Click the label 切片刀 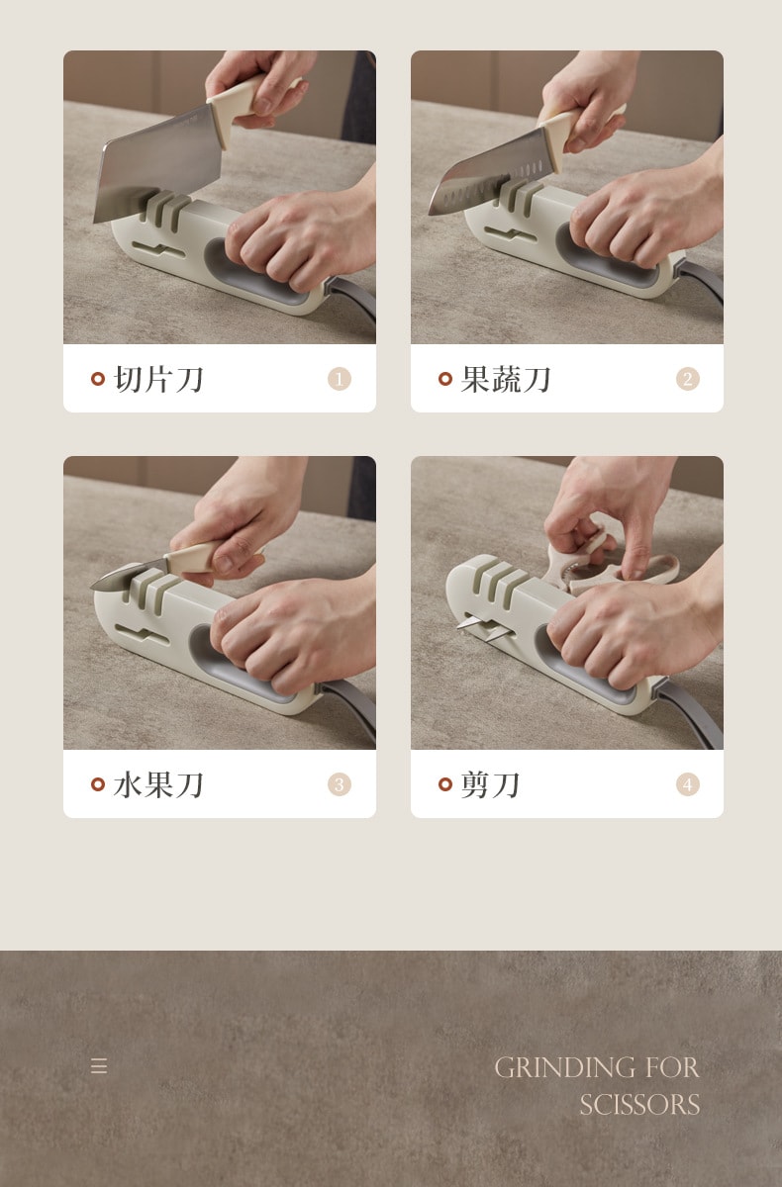(159, 379)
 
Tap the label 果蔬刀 (506, 379)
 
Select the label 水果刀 (159, 784)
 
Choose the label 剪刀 (491, 784)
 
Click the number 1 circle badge (340, 379)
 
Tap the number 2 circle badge (688, 379)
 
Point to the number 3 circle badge (340, 784)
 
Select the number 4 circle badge (688, 784)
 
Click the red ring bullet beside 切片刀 (98, 379)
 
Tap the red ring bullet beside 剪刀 (445, 784)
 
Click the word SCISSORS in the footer (639, 1105)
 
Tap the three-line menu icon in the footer (99, 1066)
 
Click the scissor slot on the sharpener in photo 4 (475, 622)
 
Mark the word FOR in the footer (672, 1068)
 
